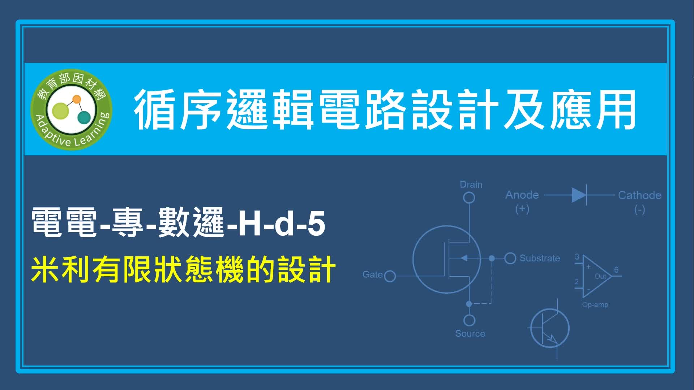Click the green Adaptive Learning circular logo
pos(71,109)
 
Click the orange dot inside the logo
pos(77,99)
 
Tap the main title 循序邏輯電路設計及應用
pos(385,109)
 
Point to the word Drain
pos(471,185)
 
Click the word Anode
pos(522,195)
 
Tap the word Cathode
pos(639,195)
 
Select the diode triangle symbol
pos(579,195)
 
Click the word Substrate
pos(540,258)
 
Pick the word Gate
pos(372,274)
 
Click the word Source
pos(470,334)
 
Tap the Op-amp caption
pos(595,305)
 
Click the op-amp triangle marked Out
pos(596,277)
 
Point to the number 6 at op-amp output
pos(616,270)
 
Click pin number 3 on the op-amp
pos(577,257)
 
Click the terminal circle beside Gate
pos(390,277)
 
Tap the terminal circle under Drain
pos(469,198)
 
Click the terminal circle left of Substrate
pos(510,258)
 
